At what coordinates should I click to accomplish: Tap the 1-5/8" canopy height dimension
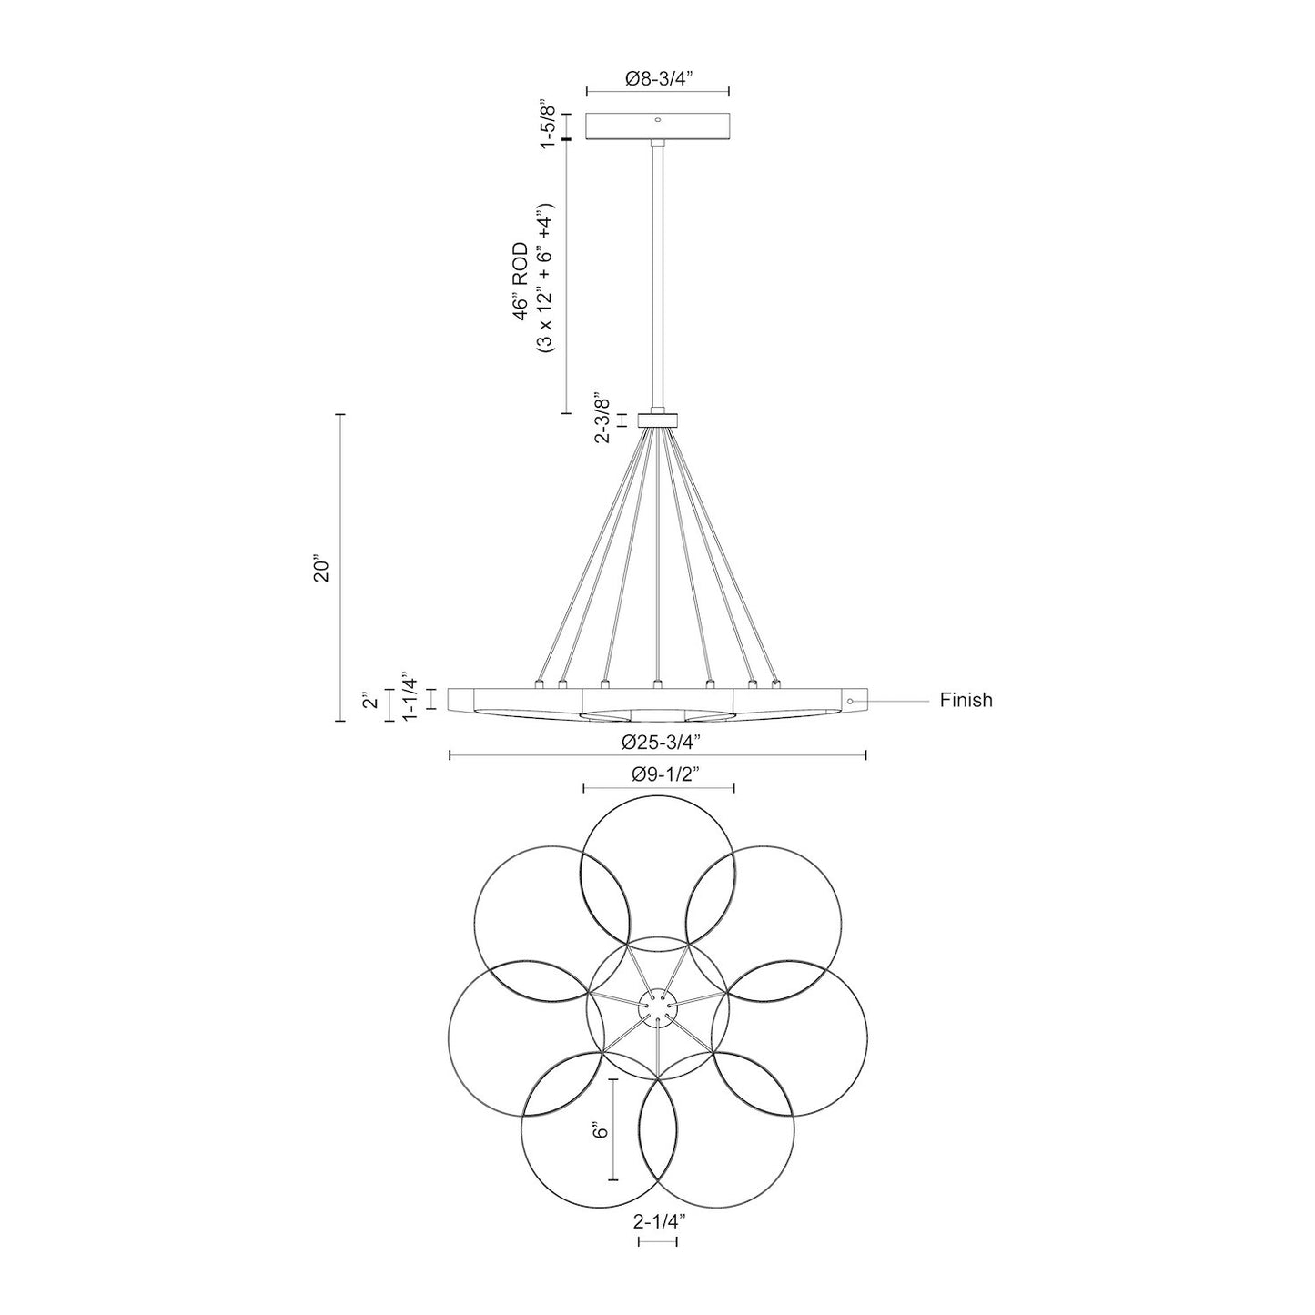(x=548, y=125)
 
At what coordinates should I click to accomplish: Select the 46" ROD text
(x=521, y=280)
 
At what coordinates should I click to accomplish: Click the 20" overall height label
(x=319, y=568)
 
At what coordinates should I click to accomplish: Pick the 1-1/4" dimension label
(x=410, y=698)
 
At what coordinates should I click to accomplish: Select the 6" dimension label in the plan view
(x=598, y=1131)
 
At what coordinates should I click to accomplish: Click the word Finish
(x=966, y=701)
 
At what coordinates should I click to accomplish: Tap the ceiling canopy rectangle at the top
(x=658, y=126)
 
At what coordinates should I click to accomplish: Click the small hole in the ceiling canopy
(x=658, y=118)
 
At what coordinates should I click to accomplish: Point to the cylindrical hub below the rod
(x=658, y=420)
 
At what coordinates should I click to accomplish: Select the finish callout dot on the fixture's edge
(x=850, y=701)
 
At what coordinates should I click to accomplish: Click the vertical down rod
(x=658, y=273)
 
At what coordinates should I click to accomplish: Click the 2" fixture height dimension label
(x=369, y=703)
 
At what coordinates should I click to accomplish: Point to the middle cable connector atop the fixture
(x=657, y=683)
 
